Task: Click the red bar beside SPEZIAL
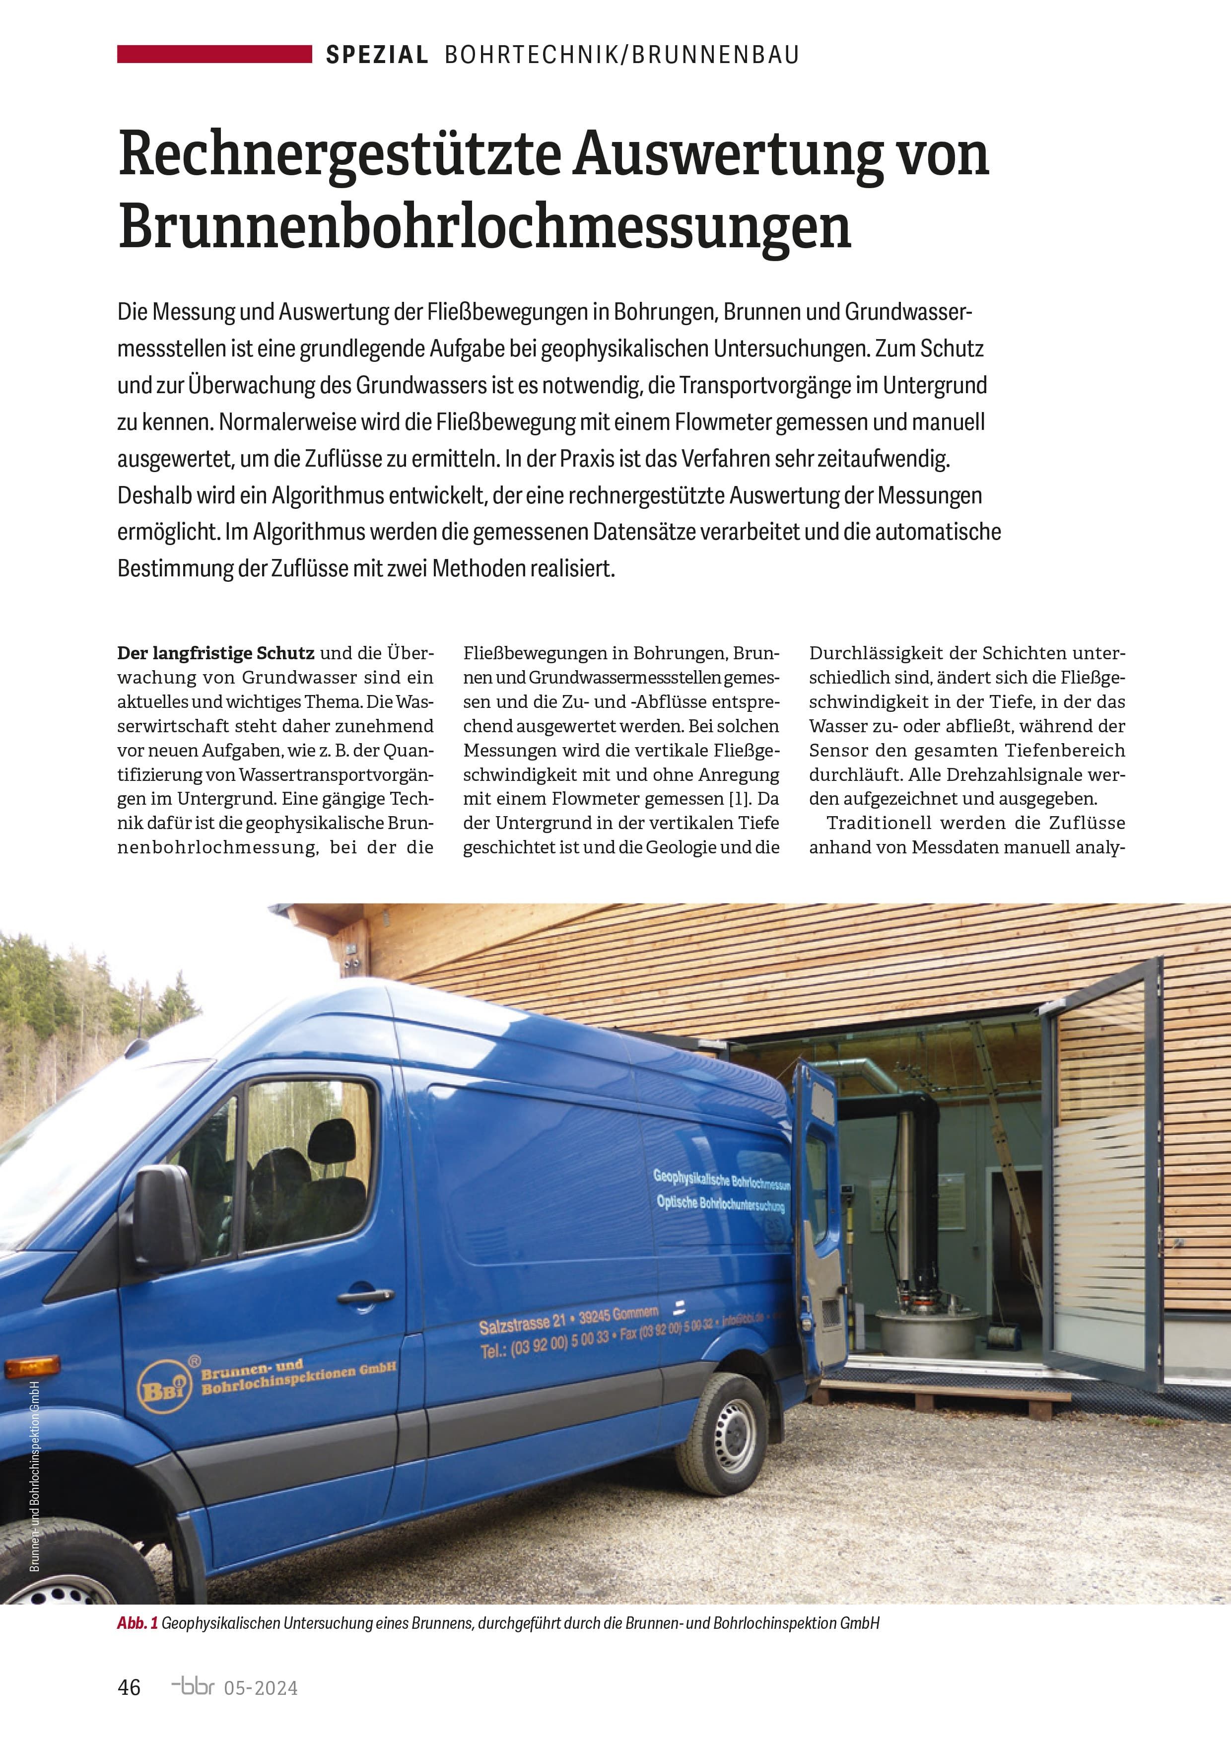(214, 54)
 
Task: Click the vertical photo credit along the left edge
(35, 1501)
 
